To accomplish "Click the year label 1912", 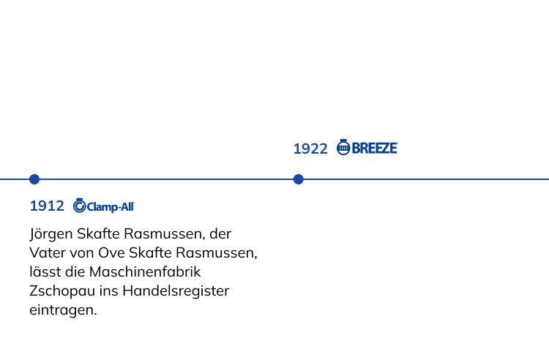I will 47,206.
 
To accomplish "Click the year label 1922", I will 310,149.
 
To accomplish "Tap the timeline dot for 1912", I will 34,179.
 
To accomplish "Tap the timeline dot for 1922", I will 298,179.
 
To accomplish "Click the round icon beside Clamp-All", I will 79,206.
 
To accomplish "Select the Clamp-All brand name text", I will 111,207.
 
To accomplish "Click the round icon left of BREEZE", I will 343,148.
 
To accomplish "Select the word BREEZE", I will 375,149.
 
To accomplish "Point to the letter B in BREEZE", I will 356,149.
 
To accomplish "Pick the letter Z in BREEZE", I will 383,149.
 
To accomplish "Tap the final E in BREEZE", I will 393,149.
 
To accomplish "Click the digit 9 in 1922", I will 304,149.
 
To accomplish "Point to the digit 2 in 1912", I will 59,206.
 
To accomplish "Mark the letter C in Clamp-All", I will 90,207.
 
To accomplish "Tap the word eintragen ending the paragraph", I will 59,308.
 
